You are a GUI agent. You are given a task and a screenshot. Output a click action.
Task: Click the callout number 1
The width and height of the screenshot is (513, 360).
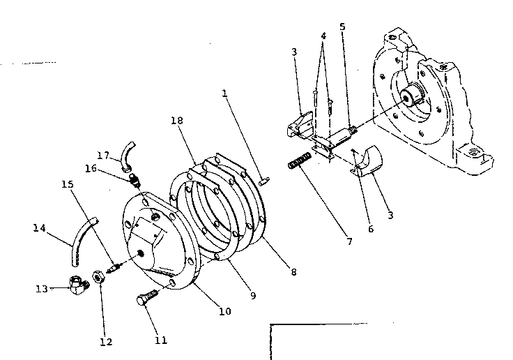click(224, 93)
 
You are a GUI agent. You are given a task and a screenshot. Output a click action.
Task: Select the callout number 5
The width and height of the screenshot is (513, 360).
click(342, 27)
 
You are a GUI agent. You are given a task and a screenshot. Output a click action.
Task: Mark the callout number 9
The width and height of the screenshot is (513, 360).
click(253, 296)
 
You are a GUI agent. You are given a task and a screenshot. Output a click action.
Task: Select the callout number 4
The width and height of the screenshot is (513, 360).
click(323, 36)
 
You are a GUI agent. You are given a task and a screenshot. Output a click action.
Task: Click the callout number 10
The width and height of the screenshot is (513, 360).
click(224, 312)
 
